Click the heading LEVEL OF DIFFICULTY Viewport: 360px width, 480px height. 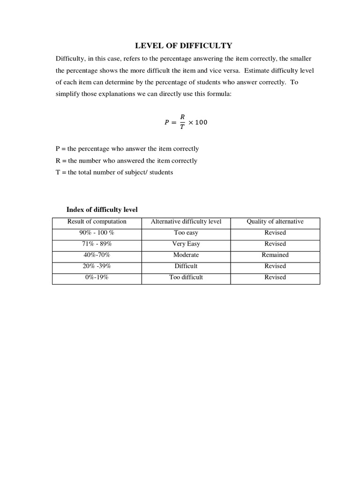click(x=183, y=45)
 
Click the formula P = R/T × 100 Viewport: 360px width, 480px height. click(x=185, y=122)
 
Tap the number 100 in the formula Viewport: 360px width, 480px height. click(x=201, y=122)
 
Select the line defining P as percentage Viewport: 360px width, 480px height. click(x=127, y=149)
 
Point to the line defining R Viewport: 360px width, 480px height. click(x=126, y=160)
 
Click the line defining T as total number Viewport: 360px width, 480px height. click(x=114, y=172)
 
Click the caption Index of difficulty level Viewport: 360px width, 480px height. click(x=102, y=210)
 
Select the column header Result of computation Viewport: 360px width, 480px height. click(x=97, y=222)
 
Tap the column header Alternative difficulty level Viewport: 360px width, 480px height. click(x=186, y=222)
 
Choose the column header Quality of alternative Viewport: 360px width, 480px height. click(x=275, y=222)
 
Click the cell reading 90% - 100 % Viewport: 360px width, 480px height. click(x=97, y=232)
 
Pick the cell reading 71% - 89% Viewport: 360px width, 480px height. click(x=97, y=244)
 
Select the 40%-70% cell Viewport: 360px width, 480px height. click(x=97, y=255)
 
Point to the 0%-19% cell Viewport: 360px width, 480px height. click(x=97, y=277)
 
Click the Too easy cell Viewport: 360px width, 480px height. click(x=186, y=232)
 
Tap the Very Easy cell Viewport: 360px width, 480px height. click(x=186, y=244)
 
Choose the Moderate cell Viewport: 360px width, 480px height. click(x=186, y=255)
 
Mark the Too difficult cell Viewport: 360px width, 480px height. click(x=186, y=277)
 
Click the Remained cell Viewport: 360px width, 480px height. click(x=275, y=255)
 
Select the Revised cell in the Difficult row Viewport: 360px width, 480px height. click(x=275, y=266)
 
